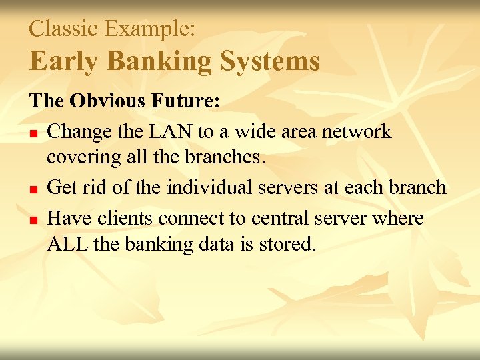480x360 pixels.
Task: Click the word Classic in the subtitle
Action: pos(63,28)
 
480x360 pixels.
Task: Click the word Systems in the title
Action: pos(270,61)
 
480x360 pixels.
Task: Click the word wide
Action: pos(250,131)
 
